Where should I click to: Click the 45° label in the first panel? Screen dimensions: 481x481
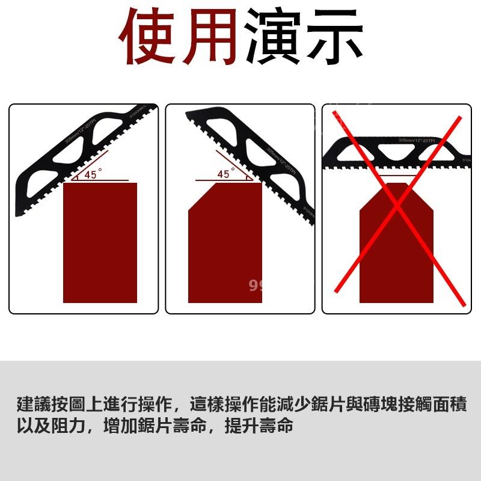click(x=91, y=175)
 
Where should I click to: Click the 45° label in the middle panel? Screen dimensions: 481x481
click(x=224, y=174)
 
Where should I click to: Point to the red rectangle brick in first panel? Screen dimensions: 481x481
click(x=100, y=242)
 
